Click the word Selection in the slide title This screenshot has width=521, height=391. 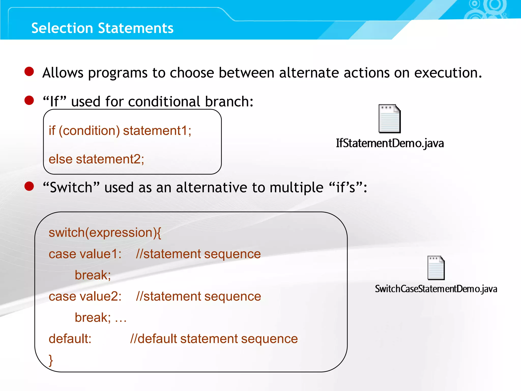pos(62,28)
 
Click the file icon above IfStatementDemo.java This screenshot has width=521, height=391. pos(389,119)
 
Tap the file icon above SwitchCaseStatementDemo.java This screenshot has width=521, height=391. pos(436,268)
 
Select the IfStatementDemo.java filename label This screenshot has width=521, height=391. pos(390,143)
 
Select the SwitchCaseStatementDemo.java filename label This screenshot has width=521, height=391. pos(436,289)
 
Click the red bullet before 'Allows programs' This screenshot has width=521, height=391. pos(29,72)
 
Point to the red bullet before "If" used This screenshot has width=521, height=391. pos(29,100)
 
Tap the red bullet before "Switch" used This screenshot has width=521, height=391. pos(29,186)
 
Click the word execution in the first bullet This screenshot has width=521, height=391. pos(448,73)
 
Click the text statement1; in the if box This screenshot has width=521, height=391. pos(157,131)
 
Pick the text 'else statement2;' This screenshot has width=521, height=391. pos(96,159)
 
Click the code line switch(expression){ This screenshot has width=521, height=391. pos(105,233)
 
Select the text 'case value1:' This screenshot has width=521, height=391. pos(85,254)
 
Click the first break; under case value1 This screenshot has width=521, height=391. pos(93,275)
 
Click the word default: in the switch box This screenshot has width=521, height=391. pos(70,339)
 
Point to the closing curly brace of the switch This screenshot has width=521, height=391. pos(51,360)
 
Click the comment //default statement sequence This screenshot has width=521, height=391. pos(214,339)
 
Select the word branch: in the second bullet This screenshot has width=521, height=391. pos(229,102)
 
